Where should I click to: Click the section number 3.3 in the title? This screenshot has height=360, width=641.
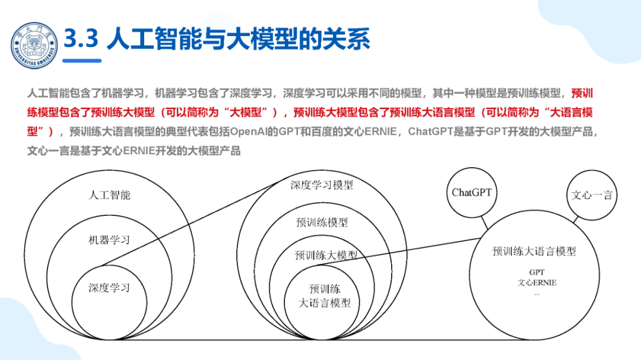tap(80, 39)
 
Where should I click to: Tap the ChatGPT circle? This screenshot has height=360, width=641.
tap(472, 192)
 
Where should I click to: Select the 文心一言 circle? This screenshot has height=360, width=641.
tap(591, 195)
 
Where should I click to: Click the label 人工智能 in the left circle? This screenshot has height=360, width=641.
tap(109, 195)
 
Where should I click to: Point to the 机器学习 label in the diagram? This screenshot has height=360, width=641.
tap(109, 240)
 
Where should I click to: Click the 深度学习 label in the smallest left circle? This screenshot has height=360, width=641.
tap(109, 288)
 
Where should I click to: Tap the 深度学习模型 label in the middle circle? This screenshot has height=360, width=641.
tap(322, 185)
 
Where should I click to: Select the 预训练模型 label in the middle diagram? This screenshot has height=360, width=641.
tap(322, 222)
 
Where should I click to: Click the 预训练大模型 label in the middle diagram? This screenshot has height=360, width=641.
tap(326, 255)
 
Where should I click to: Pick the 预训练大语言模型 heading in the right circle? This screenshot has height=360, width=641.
tap(534, 251)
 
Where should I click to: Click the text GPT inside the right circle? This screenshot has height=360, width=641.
tap(537, 272)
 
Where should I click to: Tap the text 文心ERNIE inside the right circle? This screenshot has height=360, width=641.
tap(537, 283)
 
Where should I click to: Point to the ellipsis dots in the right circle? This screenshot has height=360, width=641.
tap(537, 294)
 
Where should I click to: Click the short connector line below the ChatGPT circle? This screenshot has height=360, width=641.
tap(484, 221)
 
